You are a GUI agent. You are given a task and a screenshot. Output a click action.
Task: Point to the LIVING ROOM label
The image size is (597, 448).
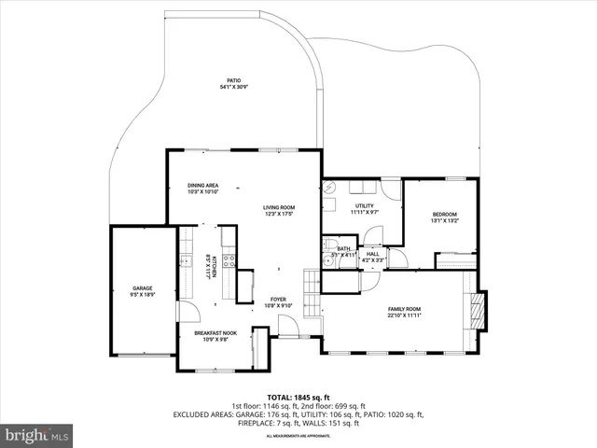[278, 210]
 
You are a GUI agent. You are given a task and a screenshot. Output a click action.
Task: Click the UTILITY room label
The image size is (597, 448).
[364, 208]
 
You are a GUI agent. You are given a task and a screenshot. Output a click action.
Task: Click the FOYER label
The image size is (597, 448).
[279, 301]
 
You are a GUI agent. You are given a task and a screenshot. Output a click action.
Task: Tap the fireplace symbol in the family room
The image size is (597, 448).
[479, 309]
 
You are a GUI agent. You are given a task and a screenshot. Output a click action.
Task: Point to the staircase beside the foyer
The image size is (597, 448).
[311, 281]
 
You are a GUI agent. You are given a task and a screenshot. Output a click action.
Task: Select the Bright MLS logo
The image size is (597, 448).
[37, 435]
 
